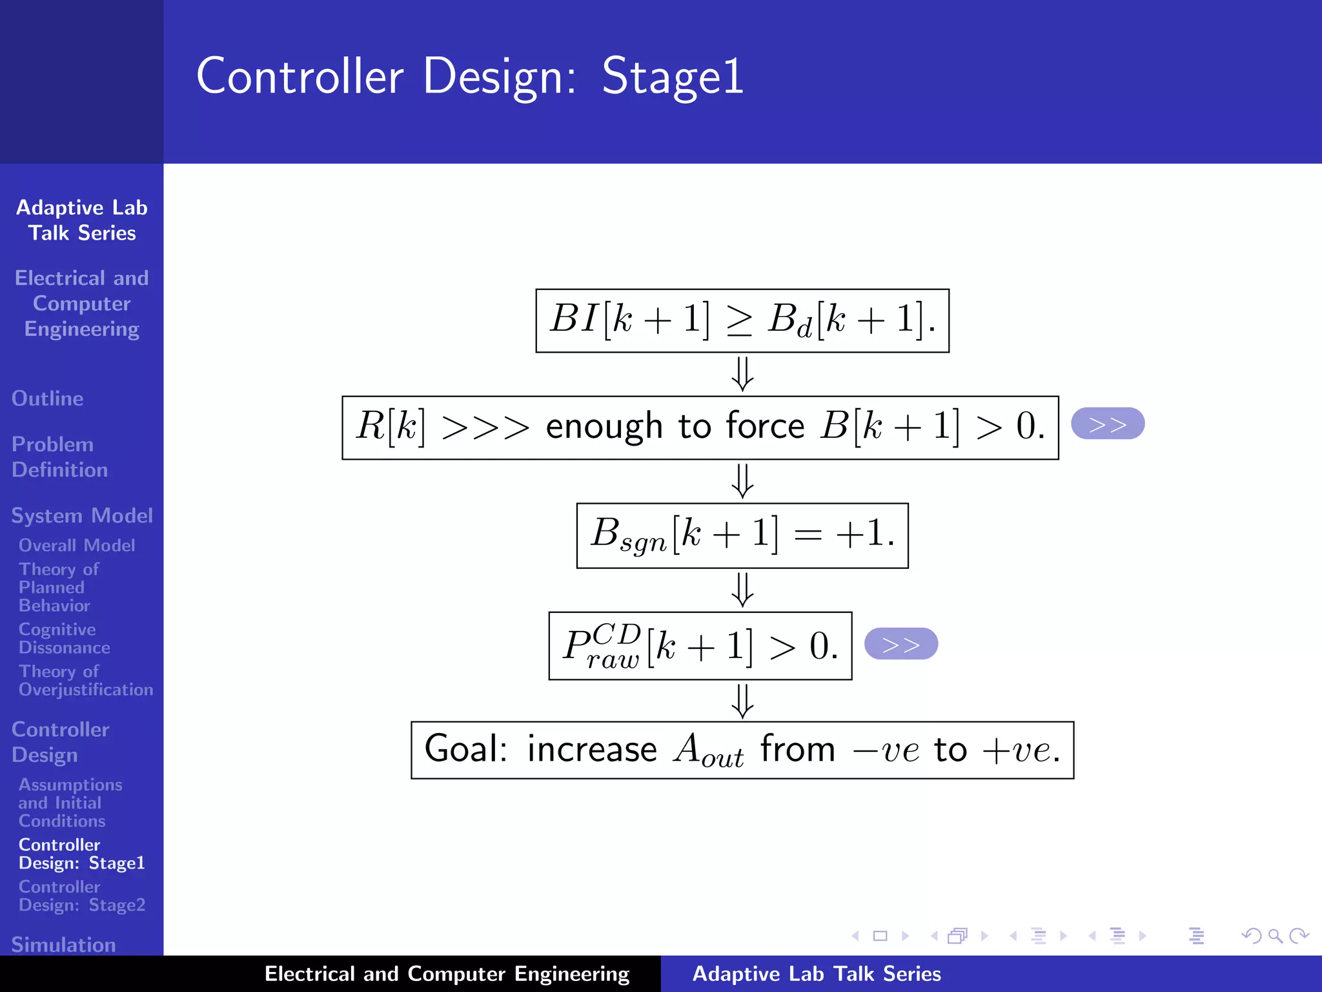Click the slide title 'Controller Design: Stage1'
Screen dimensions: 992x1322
click(469, 76)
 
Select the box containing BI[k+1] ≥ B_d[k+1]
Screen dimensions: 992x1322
click(742, 320)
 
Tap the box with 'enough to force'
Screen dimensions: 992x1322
click(700, 428)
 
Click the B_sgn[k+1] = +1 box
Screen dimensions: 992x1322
click(742, 535)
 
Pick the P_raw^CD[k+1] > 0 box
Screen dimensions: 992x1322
click(700, 645)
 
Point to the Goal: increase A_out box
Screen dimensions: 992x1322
click(742, 750)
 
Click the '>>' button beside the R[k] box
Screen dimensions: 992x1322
click(1107, 424)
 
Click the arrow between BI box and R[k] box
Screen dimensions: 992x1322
click(742, 374)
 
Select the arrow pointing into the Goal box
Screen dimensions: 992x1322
click(742, 701)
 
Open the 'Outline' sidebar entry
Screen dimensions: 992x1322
click(48, 398)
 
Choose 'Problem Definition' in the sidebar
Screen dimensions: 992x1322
click(59, 457)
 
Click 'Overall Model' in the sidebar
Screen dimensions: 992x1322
click(77, 545)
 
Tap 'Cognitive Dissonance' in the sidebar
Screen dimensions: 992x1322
click(64, 638)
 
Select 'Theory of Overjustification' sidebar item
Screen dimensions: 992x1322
click(85, 680)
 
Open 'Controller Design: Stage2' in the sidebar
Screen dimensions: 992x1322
click(81, 895)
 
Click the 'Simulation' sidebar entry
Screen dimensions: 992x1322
click(63, 944)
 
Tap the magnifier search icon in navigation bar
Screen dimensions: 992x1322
click(1275, 935)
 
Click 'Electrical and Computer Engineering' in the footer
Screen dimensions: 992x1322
click(447, 973)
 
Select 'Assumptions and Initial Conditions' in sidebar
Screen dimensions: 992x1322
click(70, 802)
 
